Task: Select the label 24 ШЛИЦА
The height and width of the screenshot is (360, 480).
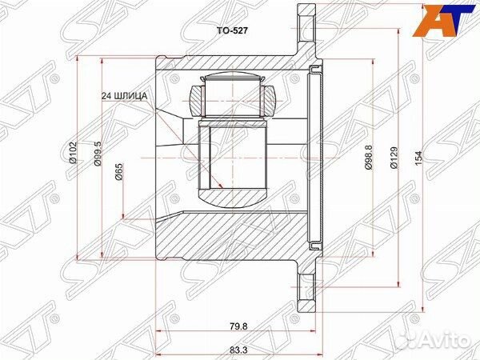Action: click(124, 96)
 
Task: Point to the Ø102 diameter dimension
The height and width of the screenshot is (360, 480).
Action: click(73, 152)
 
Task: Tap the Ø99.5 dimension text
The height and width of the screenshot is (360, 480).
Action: click(97, 152)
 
